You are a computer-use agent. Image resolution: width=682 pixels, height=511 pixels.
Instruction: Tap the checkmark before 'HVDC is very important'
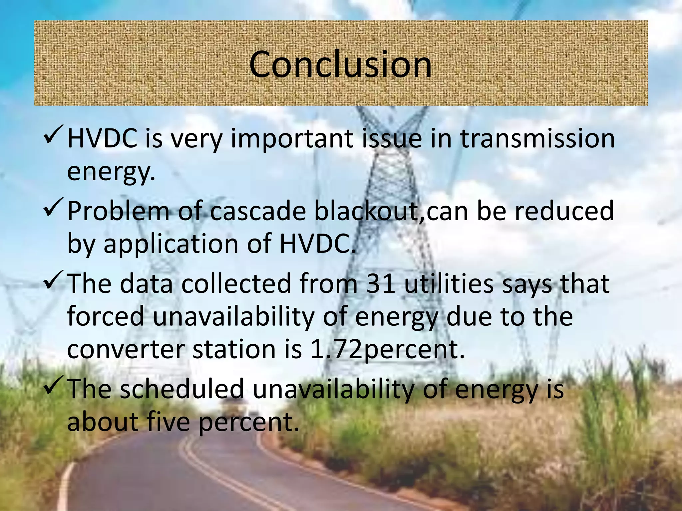(x=53, y=135)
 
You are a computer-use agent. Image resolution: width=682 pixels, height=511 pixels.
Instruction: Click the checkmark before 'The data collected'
(x=53, y=280)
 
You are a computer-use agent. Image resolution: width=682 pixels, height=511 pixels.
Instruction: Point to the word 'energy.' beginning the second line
(x=111, y=172)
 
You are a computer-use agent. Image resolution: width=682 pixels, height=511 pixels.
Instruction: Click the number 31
(x=380, y=283)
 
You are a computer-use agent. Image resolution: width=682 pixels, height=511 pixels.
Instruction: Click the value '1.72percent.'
(x=387, y=350)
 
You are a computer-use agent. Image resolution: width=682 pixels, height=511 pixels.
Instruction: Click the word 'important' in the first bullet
(x=292, y=139)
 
